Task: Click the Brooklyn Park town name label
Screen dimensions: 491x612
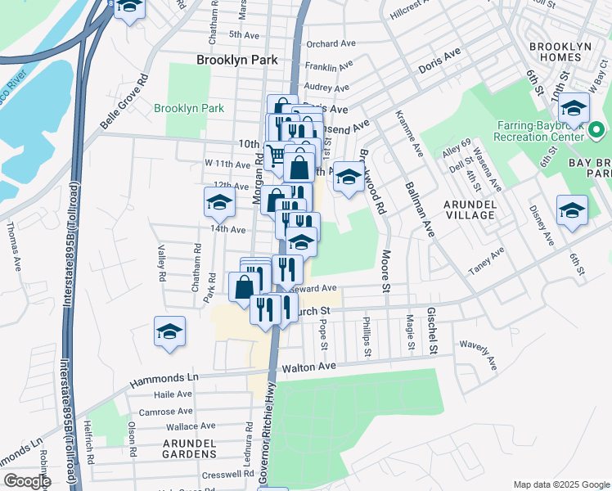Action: tap(236, 60)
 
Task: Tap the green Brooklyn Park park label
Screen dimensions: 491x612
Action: tap(189, 108)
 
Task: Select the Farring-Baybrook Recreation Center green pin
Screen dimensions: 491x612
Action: tap(596, 130)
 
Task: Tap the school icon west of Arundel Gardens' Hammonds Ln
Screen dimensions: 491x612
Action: tap(169, 331)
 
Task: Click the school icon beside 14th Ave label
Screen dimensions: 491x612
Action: tap(219, 201)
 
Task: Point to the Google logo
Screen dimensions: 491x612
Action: tap(27, 481)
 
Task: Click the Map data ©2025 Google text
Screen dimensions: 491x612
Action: tap(561, 484)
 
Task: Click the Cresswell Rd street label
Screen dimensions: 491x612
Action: tap(230, 474)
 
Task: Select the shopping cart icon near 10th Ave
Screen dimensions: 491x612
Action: tap(277, 153)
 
